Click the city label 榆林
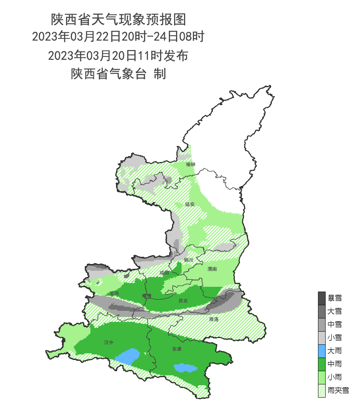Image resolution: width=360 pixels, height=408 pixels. [x=191, y=164]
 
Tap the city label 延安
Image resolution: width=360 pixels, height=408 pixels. [x=190, y=204]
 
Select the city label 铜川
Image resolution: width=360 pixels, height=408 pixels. [x=188, y=260]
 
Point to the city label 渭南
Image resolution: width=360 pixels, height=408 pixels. [x=212, y=269]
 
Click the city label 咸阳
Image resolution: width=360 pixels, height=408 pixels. [x=164, y=273]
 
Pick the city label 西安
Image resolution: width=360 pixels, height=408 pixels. [x=183, y=300]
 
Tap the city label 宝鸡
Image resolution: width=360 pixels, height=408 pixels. [x=114, y=294]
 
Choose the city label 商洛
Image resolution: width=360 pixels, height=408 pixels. [x=214, y=319]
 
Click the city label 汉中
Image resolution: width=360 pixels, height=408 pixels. [x=109, y=342]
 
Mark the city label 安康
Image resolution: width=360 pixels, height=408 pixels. [x=177, y=349]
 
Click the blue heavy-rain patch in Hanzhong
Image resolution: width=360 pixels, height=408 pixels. [x=128, y=356]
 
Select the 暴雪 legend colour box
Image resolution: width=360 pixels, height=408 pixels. [x=322, y=298]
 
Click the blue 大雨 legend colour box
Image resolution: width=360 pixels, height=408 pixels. [x=322, y=351]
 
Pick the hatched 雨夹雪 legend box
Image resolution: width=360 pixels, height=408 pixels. [x=322, y=390]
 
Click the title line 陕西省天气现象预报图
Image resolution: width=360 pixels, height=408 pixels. [x=118, y=19]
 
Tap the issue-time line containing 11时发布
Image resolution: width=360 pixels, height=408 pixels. [x=118, y=56]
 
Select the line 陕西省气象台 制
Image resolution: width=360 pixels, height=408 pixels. [x=118, y=74]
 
